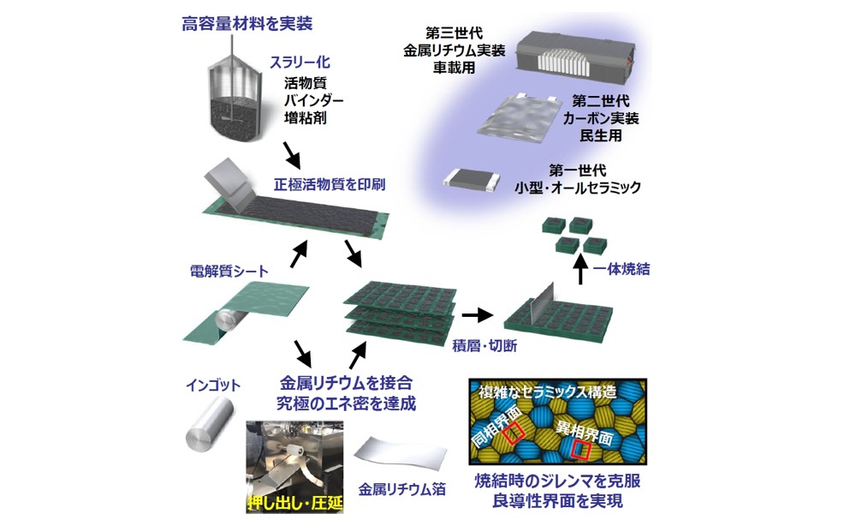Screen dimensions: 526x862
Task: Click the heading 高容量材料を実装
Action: (237, 23)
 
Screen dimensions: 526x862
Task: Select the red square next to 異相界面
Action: (582, 450)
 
